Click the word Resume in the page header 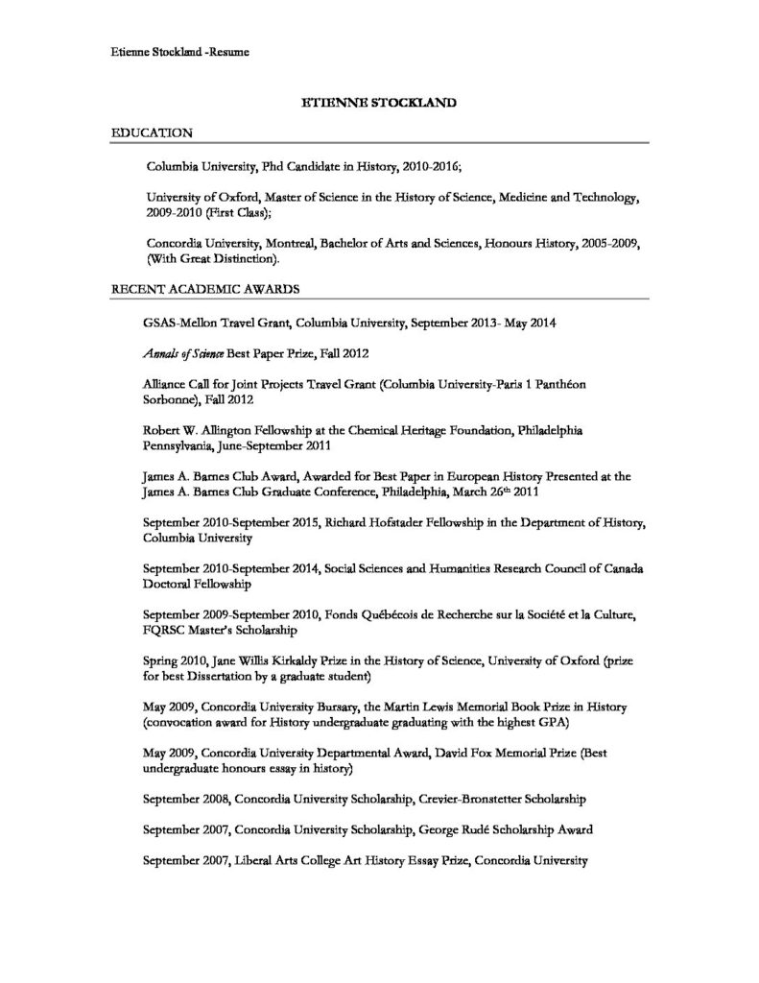(227, 52)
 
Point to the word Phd (273, 166)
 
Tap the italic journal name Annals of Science (180, 353)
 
